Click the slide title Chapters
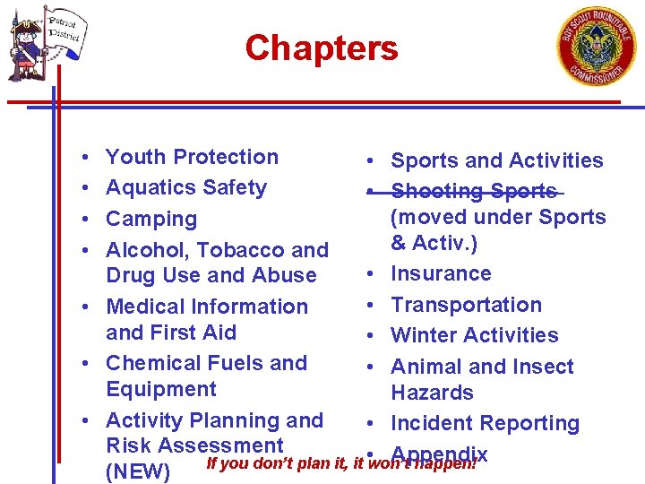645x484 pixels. click(322, 48)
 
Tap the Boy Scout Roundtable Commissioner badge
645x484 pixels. click(597, 46)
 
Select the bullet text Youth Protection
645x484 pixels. click(192, 157)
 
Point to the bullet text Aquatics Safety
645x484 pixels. click(186, 187)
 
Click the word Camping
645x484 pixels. click(151, 219)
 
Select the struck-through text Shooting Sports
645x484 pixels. click(474, 191)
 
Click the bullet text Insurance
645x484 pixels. click(441, 273)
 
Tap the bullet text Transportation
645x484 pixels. click(466, 305)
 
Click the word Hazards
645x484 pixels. click(432, 393)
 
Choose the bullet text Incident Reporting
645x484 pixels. click(485, 423)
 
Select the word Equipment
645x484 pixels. click(161, 389)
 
